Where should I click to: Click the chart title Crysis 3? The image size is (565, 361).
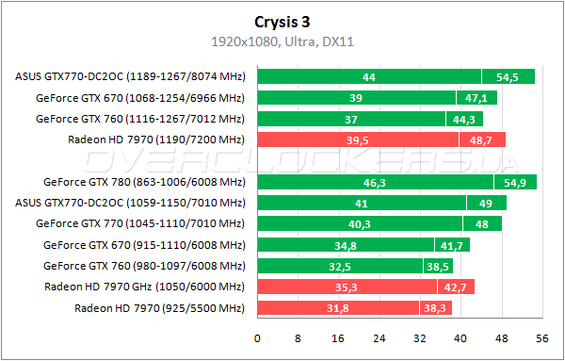(282, 22)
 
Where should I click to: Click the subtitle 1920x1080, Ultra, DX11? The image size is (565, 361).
(282, 41)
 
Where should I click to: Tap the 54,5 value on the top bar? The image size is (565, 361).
(508, 77)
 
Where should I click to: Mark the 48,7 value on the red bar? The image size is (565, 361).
(482, 139)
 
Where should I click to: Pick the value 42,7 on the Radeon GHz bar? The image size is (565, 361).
(457, 286)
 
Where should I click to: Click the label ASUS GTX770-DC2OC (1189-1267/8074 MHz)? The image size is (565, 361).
(130, 77)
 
